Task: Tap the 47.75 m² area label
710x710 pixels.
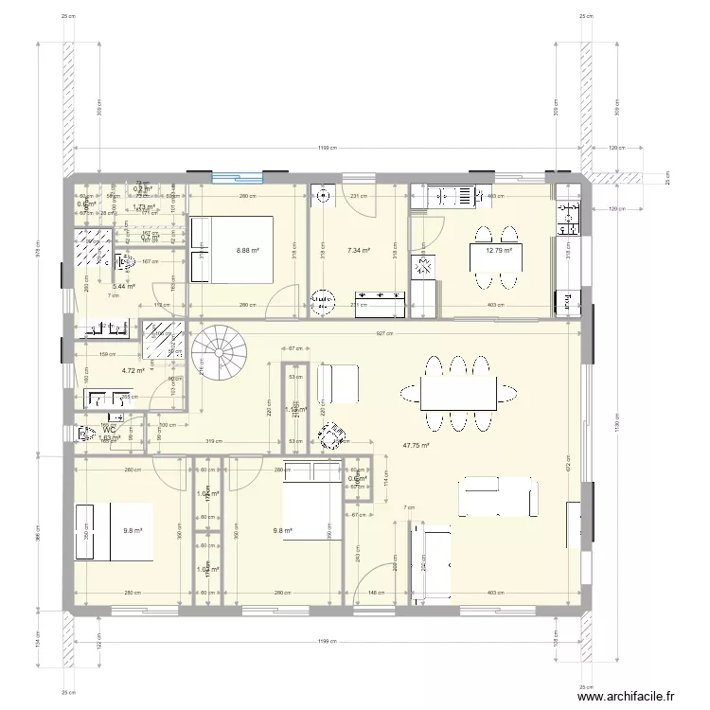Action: click(417, 446)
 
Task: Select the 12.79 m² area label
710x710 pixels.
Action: click(499, 251)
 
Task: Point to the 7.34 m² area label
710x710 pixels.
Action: click(360, 251)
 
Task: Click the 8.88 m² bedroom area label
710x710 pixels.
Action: click(247, 251)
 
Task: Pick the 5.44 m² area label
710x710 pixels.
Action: click(123, 286)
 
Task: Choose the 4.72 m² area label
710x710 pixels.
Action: click(133, 371)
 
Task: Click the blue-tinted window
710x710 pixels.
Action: click(237, 174)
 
